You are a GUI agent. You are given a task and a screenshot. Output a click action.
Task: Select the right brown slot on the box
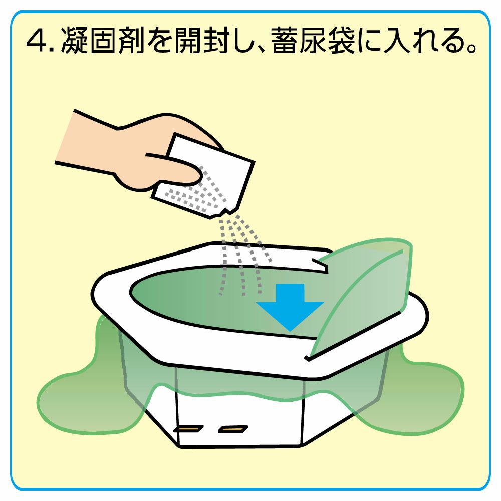point(233,429)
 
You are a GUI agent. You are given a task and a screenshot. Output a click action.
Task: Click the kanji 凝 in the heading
point(74,41)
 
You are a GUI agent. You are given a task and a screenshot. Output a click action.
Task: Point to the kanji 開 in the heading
point(188,41)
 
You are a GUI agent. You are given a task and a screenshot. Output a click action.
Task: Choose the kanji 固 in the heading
point(103,41)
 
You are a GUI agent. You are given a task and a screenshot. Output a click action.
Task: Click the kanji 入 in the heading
point(397,41)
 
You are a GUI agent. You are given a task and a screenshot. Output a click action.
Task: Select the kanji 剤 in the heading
point(131,41)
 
